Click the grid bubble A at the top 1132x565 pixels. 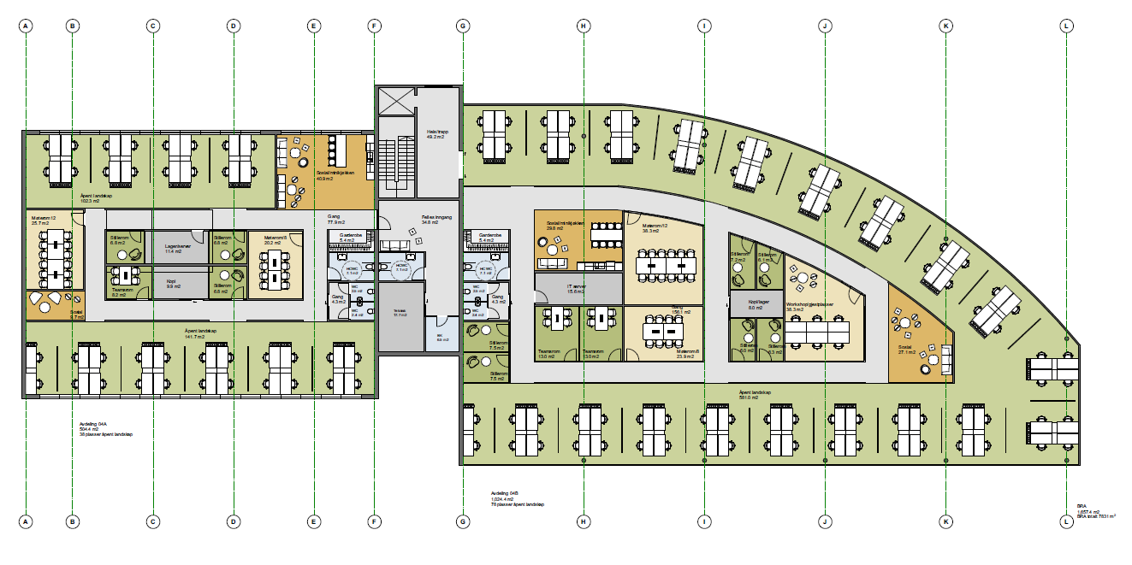pyautogui.click(x=27, y=26)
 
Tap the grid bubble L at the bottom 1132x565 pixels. pyautogui.click(x=1066, y=521)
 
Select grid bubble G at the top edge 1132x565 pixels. pyautogui.click(x=463, y=26)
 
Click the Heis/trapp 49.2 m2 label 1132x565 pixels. pyautogui.click(x=438, y=134)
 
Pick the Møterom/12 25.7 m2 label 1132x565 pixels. pyautogui.click(x=44, y=221)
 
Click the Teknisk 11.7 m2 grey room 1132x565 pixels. pyautogui.click(x=400, y=314)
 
